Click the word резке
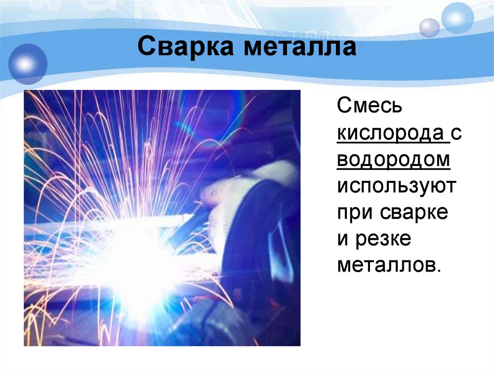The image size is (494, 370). (x=384, y=239)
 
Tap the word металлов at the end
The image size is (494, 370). (x=389, y=266)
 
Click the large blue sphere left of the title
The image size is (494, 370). (x=27, y=65)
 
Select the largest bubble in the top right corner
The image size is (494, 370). (x=457, y=18)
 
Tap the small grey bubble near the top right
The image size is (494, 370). (x=429, y=27)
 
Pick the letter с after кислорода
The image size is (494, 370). (x=457, y=133)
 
